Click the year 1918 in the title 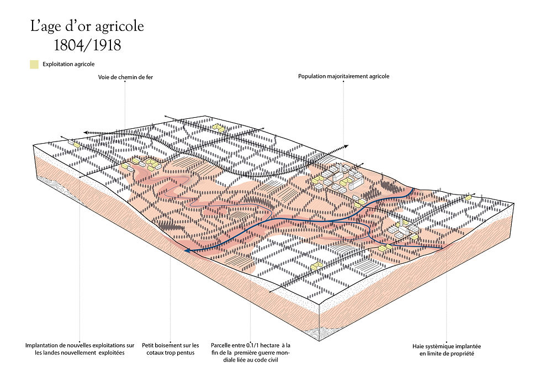pos(104,44)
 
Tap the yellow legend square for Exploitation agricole pos(34,64)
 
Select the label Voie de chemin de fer pos(125,77)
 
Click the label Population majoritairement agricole pos(343,76)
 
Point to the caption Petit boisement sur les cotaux pos(170,349)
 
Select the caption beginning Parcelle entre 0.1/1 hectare pos(251,345)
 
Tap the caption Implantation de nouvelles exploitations pos(80,349)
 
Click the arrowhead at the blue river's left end pos(188,251)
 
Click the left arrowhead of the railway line pos(87,132)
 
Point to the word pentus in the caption pos(186,353)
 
